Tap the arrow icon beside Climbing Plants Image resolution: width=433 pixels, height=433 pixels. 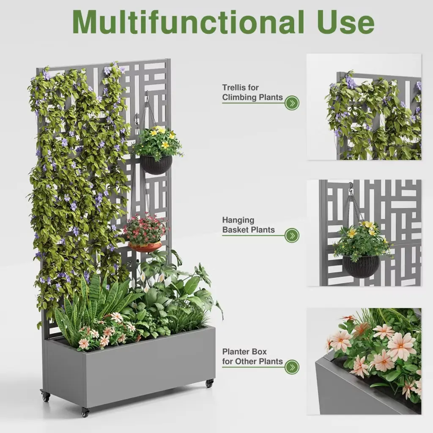292,103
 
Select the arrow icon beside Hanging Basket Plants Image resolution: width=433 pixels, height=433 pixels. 292,236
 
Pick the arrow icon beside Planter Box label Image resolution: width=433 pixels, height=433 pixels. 292,367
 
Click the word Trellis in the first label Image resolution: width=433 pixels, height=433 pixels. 234,88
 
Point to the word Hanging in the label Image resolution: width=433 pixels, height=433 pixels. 238,221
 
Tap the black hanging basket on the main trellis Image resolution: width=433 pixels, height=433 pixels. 156,165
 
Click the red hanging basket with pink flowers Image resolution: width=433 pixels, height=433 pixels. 145,247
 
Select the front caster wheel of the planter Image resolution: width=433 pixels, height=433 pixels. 85,412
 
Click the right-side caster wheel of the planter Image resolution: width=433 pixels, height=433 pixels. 209,383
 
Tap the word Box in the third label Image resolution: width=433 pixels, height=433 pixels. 260,352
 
